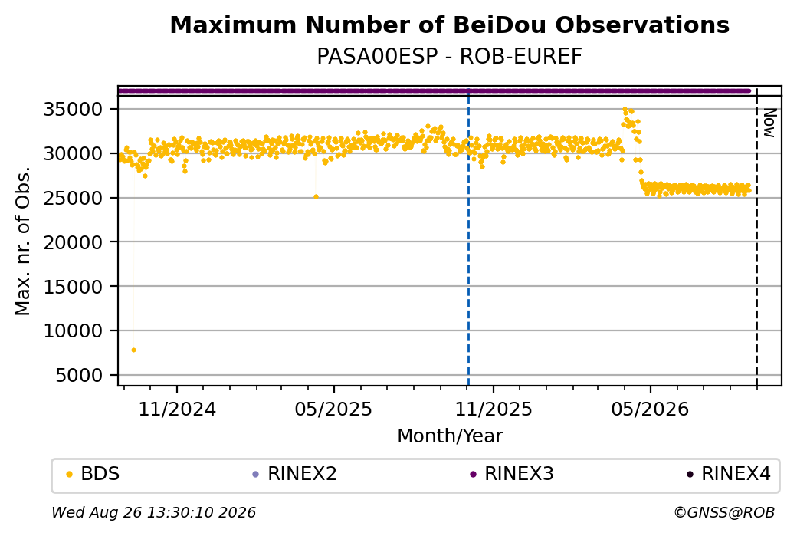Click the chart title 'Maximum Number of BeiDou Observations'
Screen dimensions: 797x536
449,25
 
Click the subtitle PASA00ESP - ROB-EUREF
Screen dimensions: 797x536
449,57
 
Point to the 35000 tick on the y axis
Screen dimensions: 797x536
74,110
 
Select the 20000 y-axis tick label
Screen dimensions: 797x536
74,242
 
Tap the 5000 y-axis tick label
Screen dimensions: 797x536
79,376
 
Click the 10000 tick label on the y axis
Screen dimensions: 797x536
74,331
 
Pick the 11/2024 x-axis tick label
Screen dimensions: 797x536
177,409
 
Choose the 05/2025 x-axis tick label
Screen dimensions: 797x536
333,409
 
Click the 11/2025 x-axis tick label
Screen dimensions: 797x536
493,409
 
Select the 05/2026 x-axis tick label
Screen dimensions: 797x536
650,409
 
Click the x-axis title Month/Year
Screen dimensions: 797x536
450,436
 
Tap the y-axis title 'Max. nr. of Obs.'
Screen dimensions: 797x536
23,241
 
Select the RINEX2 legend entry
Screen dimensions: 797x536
295,474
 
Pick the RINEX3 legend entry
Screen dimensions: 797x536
512,474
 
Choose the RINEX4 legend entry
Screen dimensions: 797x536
728,474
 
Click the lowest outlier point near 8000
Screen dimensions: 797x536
133,350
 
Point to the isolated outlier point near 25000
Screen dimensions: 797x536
317,197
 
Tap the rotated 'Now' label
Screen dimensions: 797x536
769,123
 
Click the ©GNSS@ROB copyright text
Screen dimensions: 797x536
724,512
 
